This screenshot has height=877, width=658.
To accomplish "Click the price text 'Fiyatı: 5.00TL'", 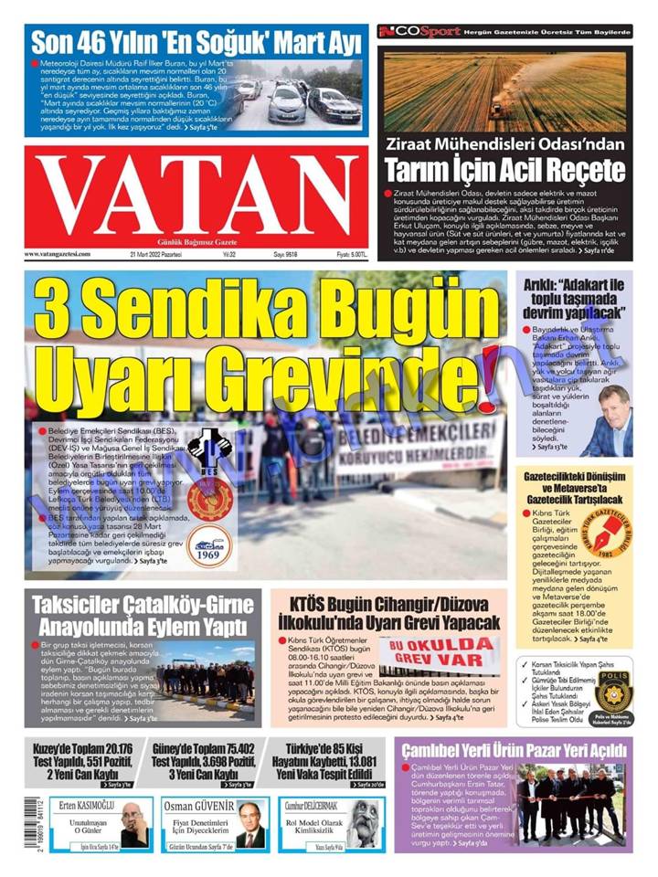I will [351, 255].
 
